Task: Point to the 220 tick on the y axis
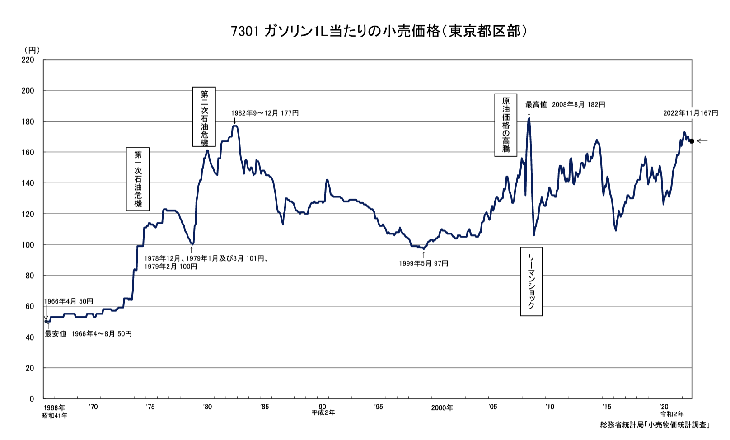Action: (28, 60)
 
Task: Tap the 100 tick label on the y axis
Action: (28, 245)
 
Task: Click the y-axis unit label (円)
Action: (32, 50)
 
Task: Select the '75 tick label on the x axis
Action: (150, 407)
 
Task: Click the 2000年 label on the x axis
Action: (441, 408)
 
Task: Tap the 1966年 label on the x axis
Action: (54, 408)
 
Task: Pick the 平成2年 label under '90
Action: (323, 413)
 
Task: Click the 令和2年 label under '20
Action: (672, 414)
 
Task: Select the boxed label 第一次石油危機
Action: (138, 179)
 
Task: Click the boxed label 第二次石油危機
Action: (204, 117)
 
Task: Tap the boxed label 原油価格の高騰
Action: (505, 125)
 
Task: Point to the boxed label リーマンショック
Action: (531, 281)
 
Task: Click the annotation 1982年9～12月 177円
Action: (265, 113)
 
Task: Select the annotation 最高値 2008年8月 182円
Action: (565, 104)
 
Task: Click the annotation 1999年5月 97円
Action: (423, 263)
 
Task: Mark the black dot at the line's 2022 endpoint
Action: (692, 141)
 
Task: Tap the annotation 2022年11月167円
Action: (690, 113)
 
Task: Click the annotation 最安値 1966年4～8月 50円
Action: (88, 334)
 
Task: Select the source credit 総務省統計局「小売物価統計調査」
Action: (655, 425)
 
